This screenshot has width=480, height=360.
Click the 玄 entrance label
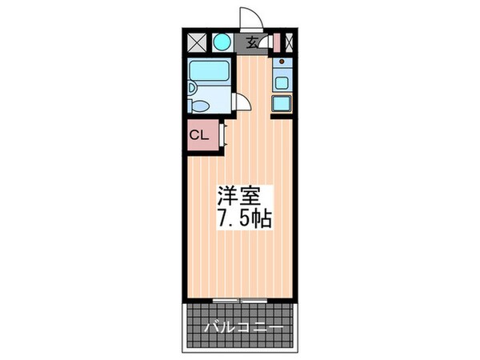pyautogui.click(x=252, y=43)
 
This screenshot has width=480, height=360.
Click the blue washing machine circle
pyautogui.click(x=222, y=42)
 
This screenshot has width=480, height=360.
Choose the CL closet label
pyautogui.click(x=198, y=134)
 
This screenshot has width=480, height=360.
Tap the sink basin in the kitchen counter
pyautogui.click(x=282, y=79)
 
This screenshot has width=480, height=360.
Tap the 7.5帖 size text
pyautogui.click(x=242, y=218)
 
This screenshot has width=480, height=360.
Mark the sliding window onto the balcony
pyautogui.click(x=240, y=300)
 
